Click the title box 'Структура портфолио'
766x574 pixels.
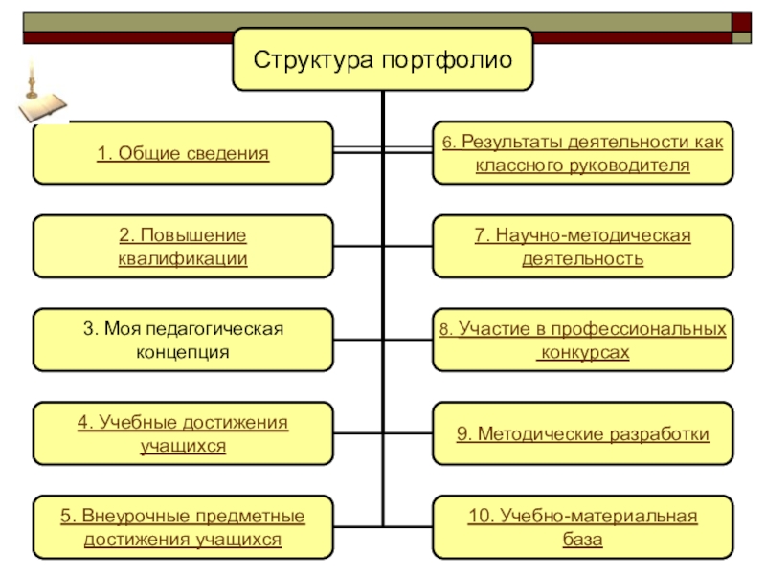coord(383,59)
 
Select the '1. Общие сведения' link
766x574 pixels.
coord(183,153)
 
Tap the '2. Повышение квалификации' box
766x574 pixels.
coord(183,247)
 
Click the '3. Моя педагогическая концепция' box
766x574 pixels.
coord(183,340)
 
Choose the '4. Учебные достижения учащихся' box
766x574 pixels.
coord(183,433)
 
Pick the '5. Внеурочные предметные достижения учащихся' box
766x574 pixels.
coord(183,527)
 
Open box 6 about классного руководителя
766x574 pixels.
coord(582,153)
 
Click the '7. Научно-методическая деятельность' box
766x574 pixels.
coord(582,247)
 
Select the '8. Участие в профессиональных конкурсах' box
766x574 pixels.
coord(582,340)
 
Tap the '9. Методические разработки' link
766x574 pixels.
coord(582,434)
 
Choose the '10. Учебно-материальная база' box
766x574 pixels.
coord(582,527)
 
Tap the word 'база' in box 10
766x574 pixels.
coord(582,540)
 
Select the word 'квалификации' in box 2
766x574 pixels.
coord(183,258)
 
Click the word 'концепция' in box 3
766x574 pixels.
coord(183,352)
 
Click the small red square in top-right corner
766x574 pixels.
coord(742,22)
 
